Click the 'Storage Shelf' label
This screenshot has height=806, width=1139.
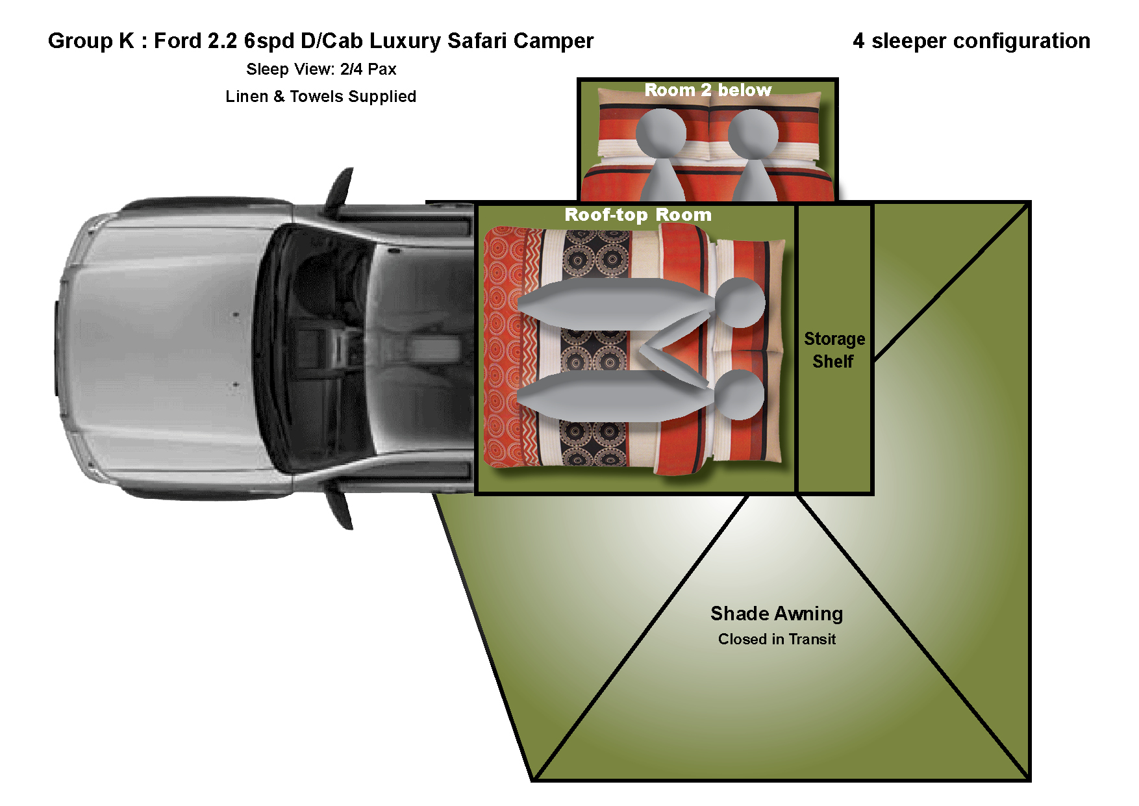834,350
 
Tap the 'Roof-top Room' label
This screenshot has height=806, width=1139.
638,215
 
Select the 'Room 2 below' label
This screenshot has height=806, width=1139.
708,90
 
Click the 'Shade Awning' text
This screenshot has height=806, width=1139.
777,614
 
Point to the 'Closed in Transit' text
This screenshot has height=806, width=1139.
777,639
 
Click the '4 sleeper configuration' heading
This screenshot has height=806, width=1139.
971,41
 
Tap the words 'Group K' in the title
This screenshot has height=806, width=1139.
91,41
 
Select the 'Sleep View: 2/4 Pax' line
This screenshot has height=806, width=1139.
321,69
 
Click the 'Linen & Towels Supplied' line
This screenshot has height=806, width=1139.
321,97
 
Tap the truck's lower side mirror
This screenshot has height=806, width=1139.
340,509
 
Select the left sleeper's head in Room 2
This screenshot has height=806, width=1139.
661,133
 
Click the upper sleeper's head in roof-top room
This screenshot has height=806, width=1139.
740,303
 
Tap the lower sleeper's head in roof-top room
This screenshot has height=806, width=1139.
740,395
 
